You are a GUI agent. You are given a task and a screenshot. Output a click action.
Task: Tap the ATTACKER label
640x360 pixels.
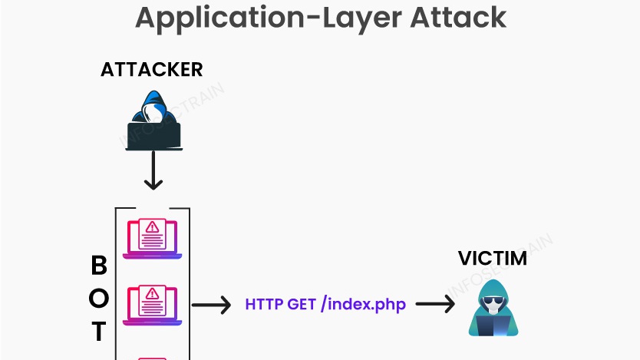coord(151,69)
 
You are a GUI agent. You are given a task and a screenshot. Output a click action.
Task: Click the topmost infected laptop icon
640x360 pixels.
coord(152,237)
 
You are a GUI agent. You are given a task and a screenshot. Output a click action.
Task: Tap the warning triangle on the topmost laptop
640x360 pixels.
coord(152,227)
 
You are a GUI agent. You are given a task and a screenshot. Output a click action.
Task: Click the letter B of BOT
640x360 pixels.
coord(99,266)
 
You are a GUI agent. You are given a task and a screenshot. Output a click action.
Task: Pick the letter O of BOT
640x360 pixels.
coord(99,298)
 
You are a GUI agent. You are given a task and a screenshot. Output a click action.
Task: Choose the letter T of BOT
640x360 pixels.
coord(99,331)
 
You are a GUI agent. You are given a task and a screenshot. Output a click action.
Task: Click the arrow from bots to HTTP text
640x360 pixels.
coord(211,305)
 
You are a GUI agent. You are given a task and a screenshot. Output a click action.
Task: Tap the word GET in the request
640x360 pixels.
coord(302,304)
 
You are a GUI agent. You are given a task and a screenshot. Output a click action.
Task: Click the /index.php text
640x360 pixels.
coord(364,304)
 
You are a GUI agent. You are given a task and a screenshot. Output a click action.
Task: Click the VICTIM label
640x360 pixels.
coord(493,258)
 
